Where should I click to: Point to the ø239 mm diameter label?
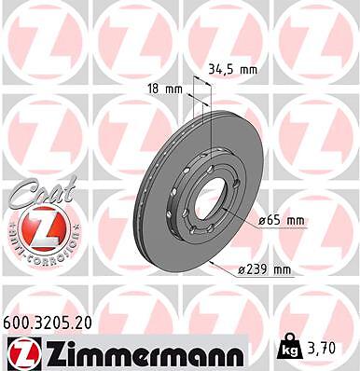[264, 269]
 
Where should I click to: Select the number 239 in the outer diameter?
[256, 269]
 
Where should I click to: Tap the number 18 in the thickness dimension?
[156, 89]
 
